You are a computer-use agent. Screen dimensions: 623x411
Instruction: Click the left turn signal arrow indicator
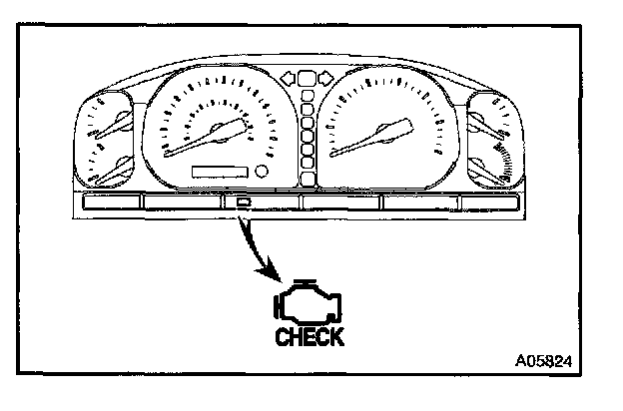289,76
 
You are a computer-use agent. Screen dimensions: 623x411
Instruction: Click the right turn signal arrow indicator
326,76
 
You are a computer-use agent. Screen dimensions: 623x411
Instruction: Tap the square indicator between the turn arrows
308,76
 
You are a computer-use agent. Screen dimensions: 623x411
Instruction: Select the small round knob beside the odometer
264,172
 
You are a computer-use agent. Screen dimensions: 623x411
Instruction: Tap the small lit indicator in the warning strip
244,205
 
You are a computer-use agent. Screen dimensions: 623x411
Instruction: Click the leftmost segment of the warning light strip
109,205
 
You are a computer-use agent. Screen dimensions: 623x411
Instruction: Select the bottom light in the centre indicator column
308,180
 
